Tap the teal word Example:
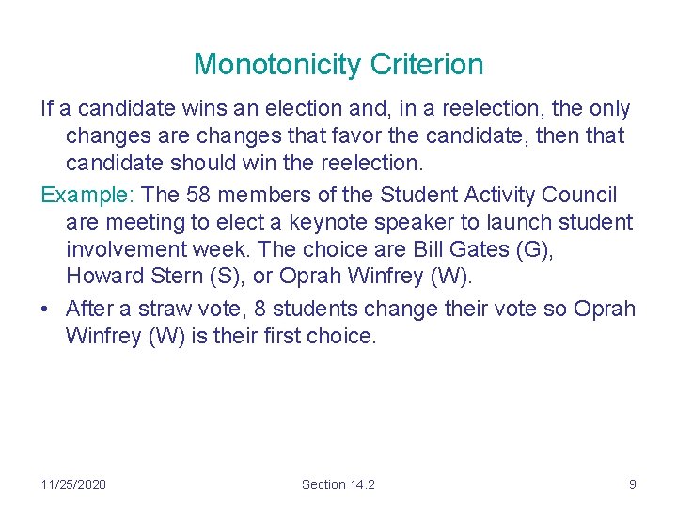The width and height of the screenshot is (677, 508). point(89,195)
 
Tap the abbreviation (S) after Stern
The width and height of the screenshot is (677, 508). point(232,278)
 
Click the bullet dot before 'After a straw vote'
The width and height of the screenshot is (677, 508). point(46,310)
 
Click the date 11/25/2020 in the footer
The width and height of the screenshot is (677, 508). point(73,484)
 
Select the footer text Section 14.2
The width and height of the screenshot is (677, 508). point(338,484)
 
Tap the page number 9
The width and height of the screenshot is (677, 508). point(632,484)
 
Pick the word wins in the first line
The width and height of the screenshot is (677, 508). point(179,109)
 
